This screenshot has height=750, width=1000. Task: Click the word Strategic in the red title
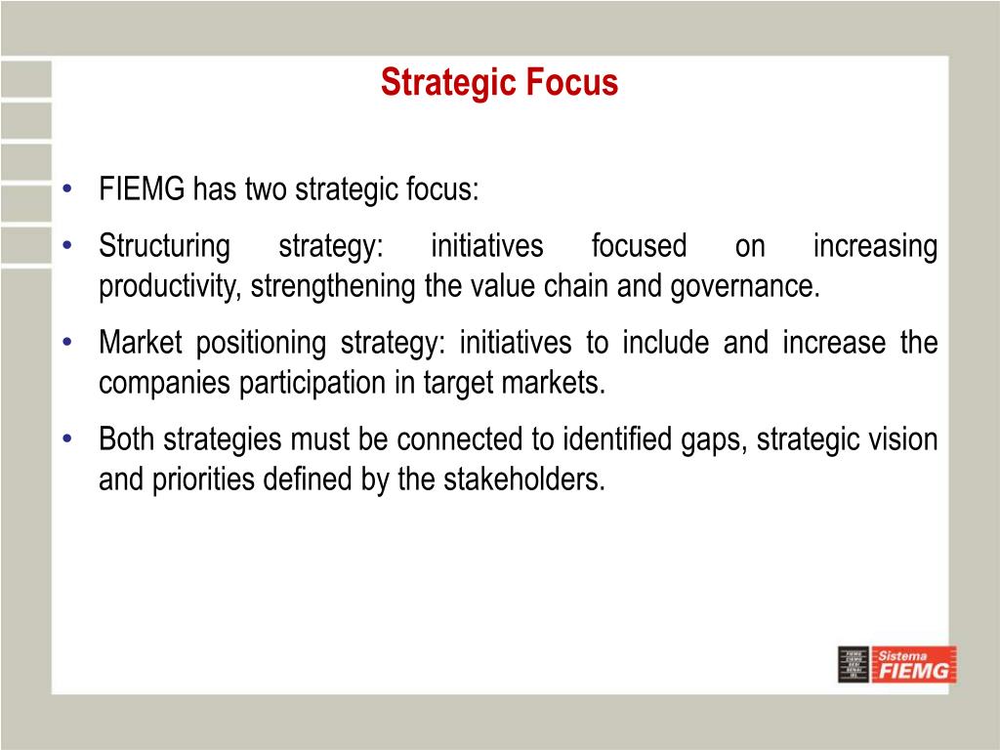[x=440, y=83]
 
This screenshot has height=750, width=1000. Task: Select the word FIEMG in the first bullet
[x=142, y=188]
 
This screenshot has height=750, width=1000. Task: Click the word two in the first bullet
[x=266, y=189]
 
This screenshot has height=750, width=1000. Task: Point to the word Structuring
[x=164, y=247]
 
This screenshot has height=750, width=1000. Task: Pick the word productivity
[x=170, y=286]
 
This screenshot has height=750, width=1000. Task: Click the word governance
[x=745, y=287]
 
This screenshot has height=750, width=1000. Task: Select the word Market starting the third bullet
[x=141, y=343]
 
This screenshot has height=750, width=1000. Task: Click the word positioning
[x=261, y=344]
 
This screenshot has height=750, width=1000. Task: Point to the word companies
[x=165, y=383]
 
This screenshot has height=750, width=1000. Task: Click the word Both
[x=127, y=439]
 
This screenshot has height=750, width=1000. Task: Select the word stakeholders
[x=524, y=479]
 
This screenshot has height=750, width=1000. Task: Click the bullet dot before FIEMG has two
[x=67, y=189]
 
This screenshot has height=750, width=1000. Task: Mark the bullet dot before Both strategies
[x=67, y=439]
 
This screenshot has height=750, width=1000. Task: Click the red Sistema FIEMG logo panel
[x=914, y=664]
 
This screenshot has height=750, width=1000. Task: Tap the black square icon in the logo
[x=854, y=664]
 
